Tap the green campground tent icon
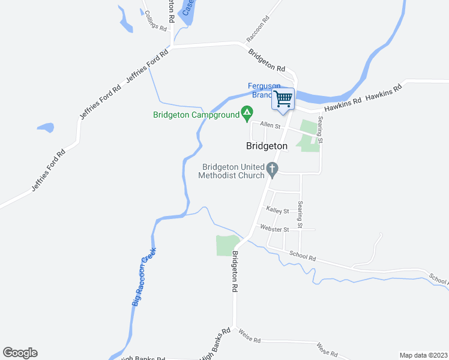246,112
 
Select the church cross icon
273,170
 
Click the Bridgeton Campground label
196,115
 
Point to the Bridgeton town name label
267,146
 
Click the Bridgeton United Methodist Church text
234,171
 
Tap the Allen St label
270,127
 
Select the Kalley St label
278,211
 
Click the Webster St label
274,229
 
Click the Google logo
20,353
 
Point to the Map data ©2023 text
423,355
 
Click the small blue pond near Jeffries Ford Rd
46,127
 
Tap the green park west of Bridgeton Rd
226,245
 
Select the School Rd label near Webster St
302,256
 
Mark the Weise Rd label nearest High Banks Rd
249,340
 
